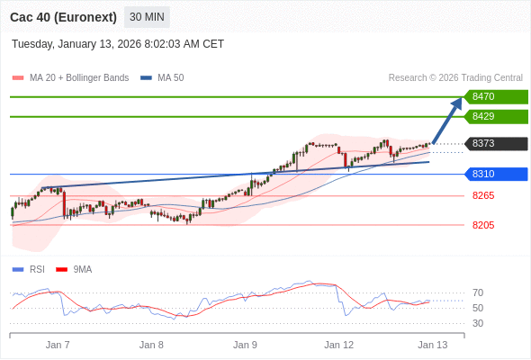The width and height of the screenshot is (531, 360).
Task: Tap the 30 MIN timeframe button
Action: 146,17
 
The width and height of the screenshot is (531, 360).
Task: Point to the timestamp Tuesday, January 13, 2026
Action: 118,44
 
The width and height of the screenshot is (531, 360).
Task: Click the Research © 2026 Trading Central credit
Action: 455,78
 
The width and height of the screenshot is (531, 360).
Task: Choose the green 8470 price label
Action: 495,96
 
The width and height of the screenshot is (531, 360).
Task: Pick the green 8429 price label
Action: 495,116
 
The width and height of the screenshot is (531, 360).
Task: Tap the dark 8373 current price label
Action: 495,143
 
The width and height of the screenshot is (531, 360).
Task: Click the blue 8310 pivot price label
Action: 495,174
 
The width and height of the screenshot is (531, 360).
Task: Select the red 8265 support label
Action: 483,195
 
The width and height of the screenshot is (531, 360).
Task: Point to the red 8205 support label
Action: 483,225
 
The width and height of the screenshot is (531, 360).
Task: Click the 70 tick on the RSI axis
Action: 478,292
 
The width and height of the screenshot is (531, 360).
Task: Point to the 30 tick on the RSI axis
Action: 478,323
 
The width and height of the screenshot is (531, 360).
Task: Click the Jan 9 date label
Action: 245,345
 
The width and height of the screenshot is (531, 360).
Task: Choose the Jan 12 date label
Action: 339,345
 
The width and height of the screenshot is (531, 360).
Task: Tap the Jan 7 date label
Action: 58,345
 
